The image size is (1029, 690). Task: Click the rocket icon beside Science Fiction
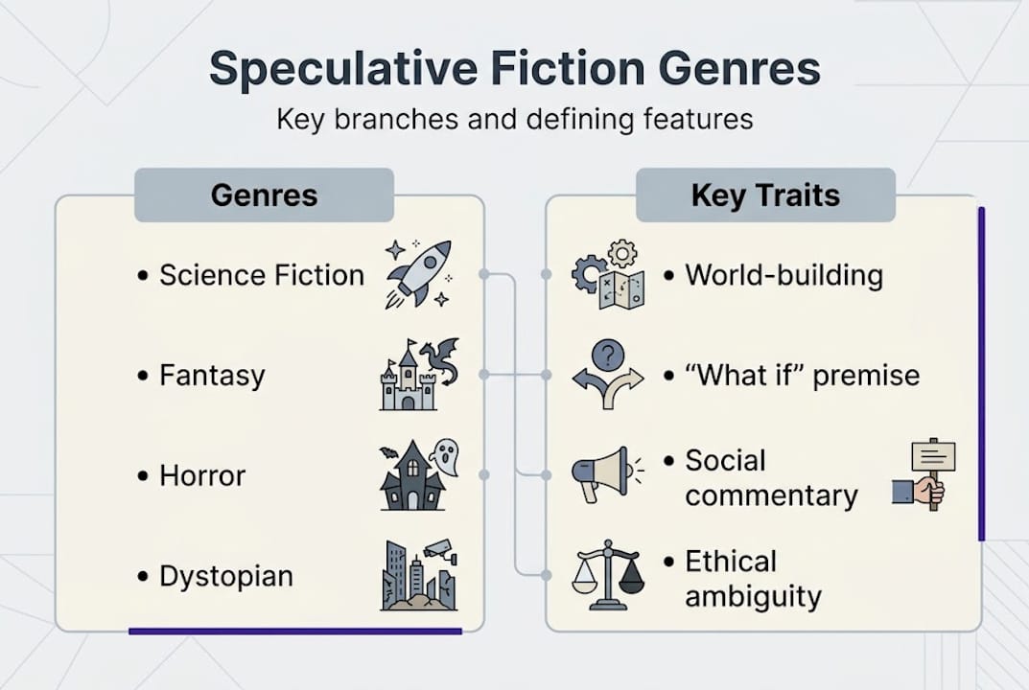point(418,274)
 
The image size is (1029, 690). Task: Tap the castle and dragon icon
point(419,375)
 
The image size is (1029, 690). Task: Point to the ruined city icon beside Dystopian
point(418,575)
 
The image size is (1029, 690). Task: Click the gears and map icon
point(608,275)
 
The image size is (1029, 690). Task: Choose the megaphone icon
point(601,473)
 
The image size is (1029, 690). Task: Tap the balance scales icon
point(608,575)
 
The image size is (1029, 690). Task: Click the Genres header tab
point(264,195)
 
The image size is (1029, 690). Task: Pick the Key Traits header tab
point(765,195)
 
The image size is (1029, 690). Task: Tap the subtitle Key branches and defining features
point(514,120)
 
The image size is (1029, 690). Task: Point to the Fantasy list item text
point(212,375)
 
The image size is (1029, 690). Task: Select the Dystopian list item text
point(225,576)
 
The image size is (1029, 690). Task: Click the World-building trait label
point(783,275)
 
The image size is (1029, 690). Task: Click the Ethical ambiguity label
point(753,579)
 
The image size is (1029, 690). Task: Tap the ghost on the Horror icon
point(444,456)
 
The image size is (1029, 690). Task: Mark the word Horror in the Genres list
point(202,475)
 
